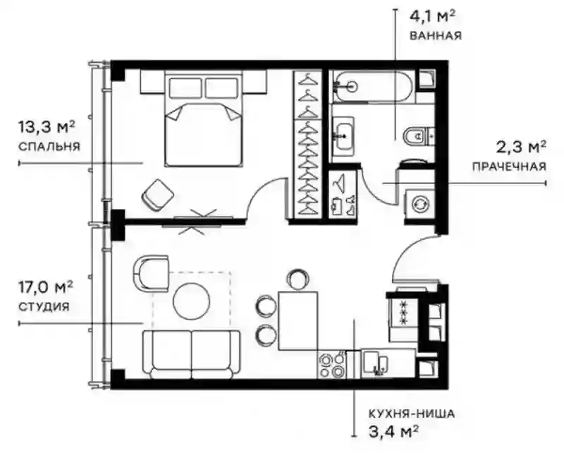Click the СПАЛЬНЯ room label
coord(49,147)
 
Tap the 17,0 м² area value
coord(46,287)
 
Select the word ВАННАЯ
coord(436,35)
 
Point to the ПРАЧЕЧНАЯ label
coord(509,167)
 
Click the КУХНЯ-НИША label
coord(412,414)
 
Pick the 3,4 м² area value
coord(393,431)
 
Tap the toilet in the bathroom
coord(419,136)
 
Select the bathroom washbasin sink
coord(343,136)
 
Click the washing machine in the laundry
coord(419,204)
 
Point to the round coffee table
coord(191,301)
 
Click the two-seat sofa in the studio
coord(191,355)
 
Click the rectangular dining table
coord(298,321)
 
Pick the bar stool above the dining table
coord(298,279)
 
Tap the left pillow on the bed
coord(185,88)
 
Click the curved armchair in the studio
coord(151,274)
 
